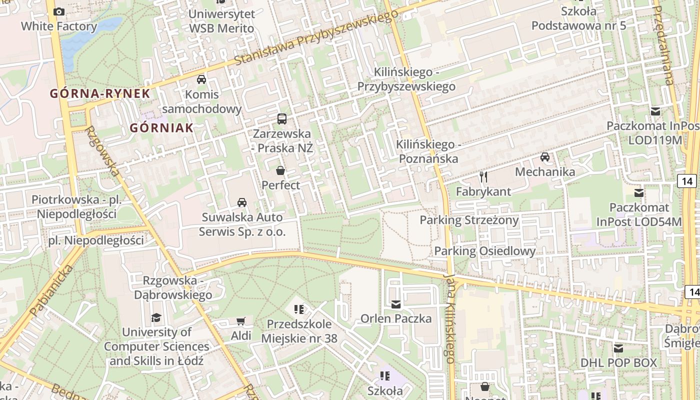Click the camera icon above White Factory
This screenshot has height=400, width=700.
click(59, 11)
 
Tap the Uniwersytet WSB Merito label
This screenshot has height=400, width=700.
click(221, 21)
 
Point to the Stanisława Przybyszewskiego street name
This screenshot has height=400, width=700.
click(315, 38)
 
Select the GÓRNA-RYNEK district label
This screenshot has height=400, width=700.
click(100, 93)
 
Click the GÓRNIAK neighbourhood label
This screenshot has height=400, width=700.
click(161, 128)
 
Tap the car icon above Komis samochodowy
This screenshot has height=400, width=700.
click(201, 79)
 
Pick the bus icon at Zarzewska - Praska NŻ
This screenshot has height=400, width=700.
click(282, 119)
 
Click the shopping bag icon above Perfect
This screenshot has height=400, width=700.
click(280, 170)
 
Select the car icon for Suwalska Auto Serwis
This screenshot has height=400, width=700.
click(242, 202)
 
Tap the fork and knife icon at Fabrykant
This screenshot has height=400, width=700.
click(483, 177)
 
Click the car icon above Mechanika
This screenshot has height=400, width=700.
click(545, 157)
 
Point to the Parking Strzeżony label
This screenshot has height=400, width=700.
click(469, 220)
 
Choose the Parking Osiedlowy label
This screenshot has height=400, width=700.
click(484, 251)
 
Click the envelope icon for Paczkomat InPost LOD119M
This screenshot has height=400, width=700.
click(655, 111)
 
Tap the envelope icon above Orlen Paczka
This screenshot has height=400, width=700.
click(396, 304)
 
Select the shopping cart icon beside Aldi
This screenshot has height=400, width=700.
click(241, 321)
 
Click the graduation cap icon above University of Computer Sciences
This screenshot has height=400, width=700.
click(156, 317)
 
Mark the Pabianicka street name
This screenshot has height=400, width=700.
click(51, 291)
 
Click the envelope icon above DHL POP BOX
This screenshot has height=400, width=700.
click(618, 348)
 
